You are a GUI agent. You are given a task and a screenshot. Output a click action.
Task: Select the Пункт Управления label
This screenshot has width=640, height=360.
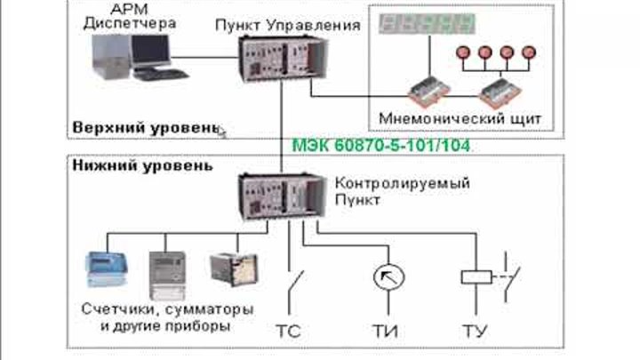[x=287, y=25]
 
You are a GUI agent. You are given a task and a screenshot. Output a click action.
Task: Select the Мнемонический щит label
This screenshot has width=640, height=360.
[x=460, y=117]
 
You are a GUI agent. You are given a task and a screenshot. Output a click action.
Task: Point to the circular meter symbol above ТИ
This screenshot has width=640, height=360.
[x=383, y=276]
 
